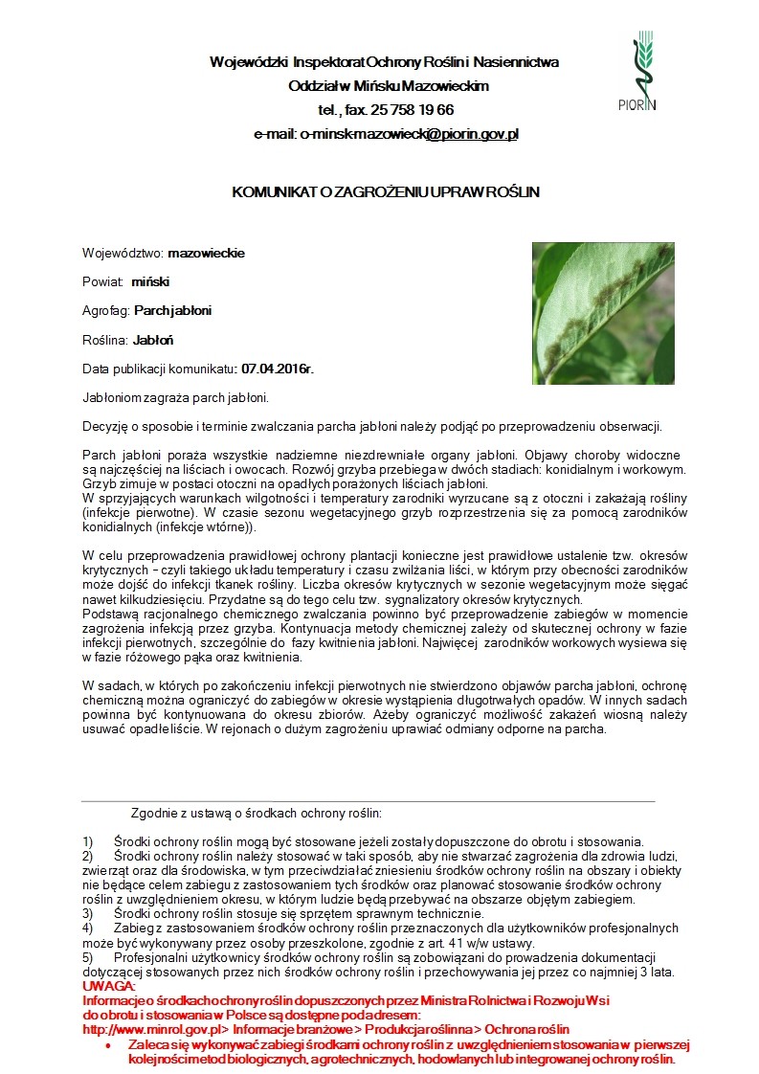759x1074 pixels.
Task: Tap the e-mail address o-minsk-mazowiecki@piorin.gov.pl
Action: coord(409,134)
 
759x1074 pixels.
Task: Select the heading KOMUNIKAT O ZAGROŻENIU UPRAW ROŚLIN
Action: coord(386,192)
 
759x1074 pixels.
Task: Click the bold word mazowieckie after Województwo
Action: coord(206,254)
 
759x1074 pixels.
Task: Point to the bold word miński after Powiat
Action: coord(150,282)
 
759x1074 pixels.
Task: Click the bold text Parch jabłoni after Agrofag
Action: coord(173,311)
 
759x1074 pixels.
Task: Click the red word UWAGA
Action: coord(110,986)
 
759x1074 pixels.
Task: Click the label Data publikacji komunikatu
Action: coord(159,369)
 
